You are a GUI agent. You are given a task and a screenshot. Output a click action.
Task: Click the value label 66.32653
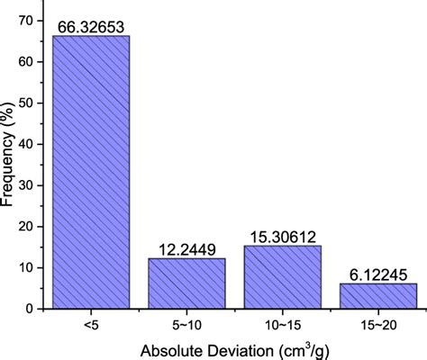coord(91,26)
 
